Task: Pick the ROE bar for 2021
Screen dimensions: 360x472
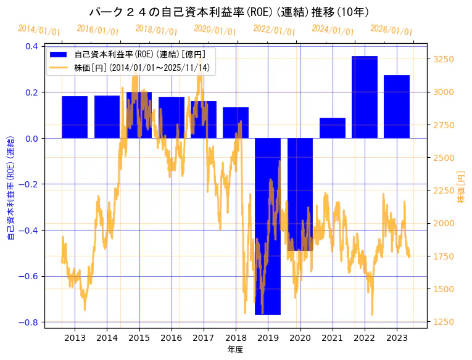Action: click(333, 128)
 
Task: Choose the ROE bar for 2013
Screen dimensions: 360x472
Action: click(75, 117)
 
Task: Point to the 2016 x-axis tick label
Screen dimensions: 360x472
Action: click(171, 338)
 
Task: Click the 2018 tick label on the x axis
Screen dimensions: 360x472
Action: click(236, 338)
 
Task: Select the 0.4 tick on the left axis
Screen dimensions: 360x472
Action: click(31, 46)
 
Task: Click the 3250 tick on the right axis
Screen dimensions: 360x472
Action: click(444, 59)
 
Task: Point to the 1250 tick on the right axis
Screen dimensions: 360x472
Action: click(444, 322)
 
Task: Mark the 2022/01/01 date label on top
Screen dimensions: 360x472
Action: click(275, 30)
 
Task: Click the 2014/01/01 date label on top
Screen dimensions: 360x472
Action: click(39, 30)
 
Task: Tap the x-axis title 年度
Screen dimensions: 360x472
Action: click(236, 350)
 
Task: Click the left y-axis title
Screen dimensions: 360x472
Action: click(10, 184)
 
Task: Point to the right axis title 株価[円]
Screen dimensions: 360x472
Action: click(461, 184)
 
